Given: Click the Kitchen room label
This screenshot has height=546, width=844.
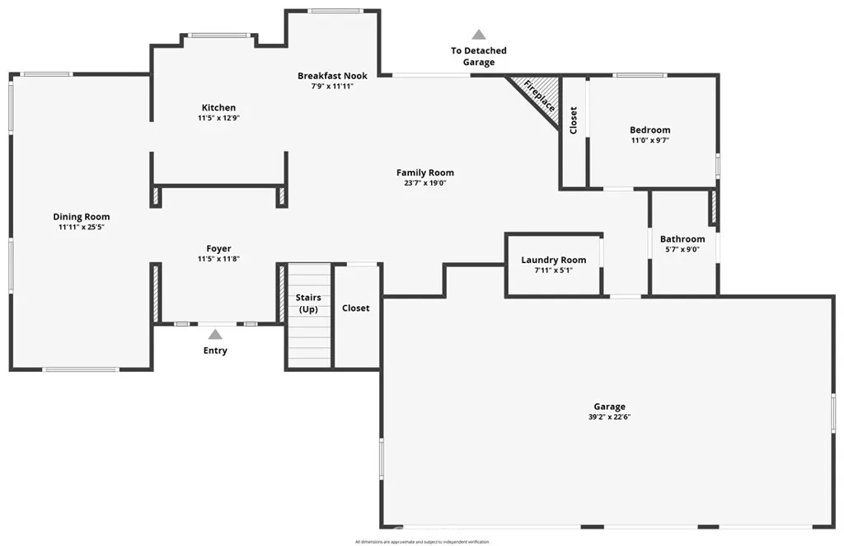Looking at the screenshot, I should (x=218, y=107).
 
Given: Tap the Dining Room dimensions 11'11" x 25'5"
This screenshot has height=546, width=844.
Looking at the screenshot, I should (x=82, y=227).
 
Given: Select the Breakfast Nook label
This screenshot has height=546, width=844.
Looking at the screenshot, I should (x=332, y=76).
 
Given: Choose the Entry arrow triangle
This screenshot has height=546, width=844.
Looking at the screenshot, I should (x=215, y=334).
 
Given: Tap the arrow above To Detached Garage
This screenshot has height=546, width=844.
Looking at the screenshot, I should (x=478, y=35).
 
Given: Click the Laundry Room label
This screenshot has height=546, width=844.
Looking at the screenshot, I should (x=553, y=260).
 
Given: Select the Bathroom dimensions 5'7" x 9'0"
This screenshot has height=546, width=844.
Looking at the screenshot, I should (x=682, y=249).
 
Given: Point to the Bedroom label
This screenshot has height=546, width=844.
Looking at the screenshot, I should (x=649, y=129).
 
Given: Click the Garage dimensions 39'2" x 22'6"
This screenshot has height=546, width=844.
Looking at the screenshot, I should (x=609, y=417).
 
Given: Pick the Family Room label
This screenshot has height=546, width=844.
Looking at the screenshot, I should (x=424, y=172).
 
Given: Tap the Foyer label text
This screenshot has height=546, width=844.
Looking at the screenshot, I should (x=218, y=248).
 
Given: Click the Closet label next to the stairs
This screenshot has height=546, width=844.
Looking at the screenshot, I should (x=356, y=308).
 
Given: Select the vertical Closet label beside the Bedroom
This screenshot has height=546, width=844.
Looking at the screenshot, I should (x=574, y=120).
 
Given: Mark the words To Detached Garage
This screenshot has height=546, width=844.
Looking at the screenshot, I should (x=478, y=56).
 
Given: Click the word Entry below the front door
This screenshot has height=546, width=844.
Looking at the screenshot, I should (x=215, y=351).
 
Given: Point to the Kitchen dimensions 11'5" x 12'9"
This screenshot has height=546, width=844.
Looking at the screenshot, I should (x=218, y=118).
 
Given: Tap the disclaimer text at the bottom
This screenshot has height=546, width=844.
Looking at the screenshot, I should (x=422, y=542).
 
